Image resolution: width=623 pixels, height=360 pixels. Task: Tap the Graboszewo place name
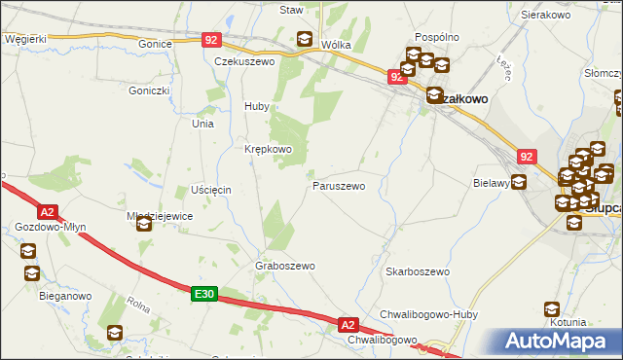pos(285,266)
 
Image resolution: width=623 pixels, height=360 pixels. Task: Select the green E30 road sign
pos(202,293)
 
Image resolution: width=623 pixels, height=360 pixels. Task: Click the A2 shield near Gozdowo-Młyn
pos(48,210)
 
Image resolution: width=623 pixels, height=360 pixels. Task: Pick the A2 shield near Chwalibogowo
pos(349,324)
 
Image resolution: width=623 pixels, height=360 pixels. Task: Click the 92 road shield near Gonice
pos(213,40)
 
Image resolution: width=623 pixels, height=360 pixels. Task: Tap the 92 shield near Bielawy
pos(527,155)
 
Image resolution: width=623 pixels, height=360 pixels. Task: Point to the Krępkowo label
pos(268,149)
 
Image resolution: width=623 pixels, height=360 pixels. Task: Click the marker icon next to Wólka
pos(305,41)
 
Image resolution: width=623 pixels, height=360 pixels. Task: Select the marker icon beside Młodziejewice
pos(144,225)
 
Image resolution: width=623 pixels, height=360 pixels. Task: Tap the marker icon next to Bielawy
pos(519,181)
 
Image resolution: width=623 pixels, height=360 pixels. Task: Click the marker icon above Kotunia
pos(552,309)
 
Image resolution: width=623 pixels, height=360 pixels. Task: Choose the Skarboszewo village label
pos(417,271)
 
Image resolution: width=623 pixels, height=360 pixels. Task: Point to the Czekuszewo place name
pos(244,60)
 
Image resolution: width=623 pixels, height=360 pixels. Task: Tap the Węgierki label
pos(25,38)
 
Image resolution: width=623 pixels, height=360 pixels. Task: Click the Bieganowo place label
pos(65,295)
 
